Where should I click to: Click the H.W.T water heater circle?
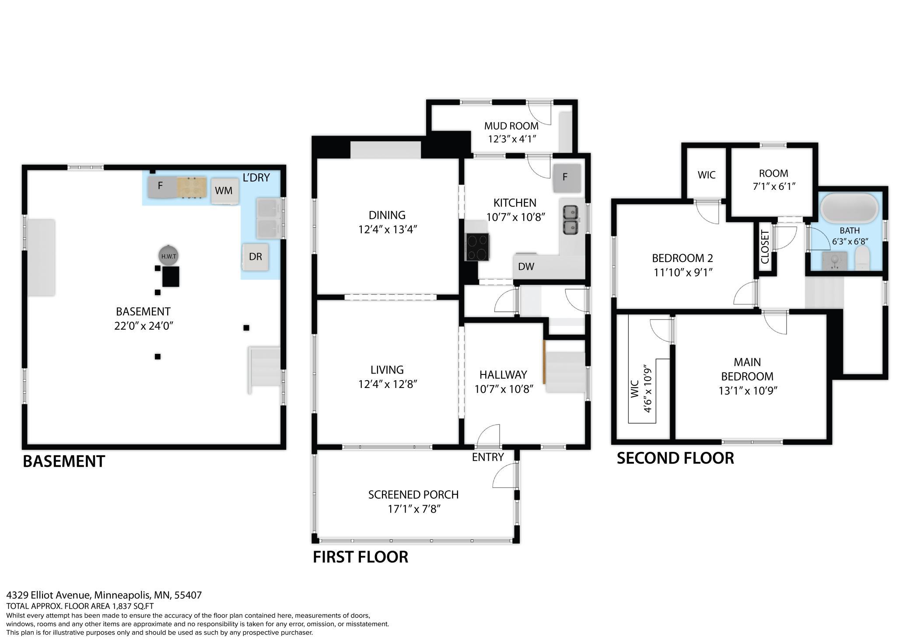[x=168, y=256]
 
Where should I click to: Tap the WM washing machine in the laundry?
[x=225, y=191]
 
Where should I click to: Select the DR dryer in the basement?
[x=255, y=257]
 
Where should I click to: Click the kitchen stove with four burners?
[x=477, y=247]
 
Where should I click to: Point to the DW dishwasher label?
[x=526, y=266]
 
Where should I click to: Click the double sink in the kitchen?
[x=570, y=220]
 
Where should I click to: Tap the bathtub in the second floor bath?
[x=849, y=208]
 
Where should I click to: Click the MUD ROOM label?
[x=511, y=126]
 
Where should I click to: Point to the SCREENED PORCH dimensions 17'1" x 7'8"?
[x=413, y=509]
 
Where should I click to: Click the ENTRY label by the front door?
[x=488, y=457]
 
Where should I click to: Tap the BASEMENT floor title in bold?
[x=64, y=461]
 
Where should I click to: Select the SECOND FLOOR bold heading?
[x=675, y=458]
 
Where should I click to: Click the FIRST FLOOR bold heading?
[x=360, y=557]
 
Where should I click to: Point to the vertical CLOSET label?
[x=765, y=247]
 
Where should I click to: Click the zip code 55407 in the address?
[x=188, y=595]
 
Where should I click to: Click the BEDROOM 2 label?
[x=682, y=258]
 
